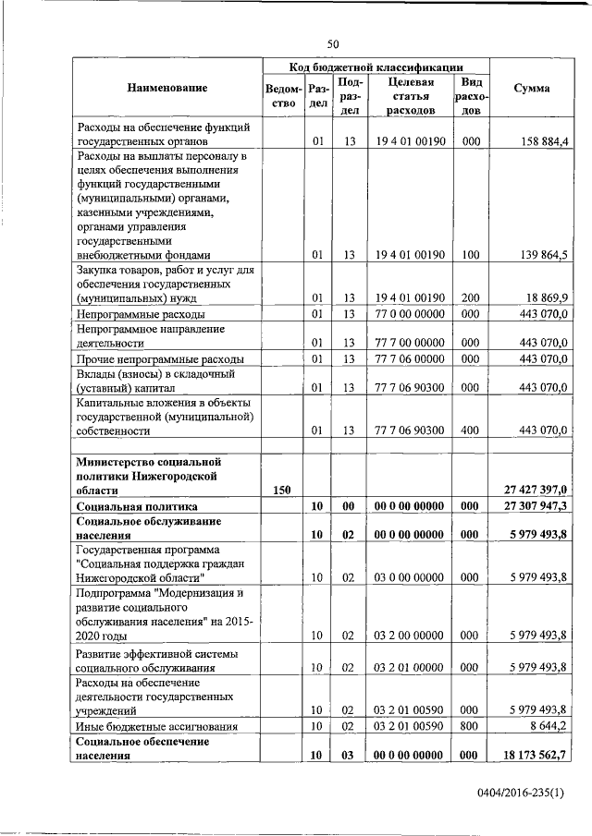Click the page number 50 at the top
click(x=334, y=42)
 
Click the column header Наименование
click(x=167, y=88)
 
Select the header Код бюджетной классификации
click(x=375, y=67)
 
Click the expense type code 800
click(x=470, y=727)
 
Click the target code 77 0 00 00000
click(x=411, y=315)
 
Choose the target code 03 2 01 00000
click(x=411, y=666)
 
